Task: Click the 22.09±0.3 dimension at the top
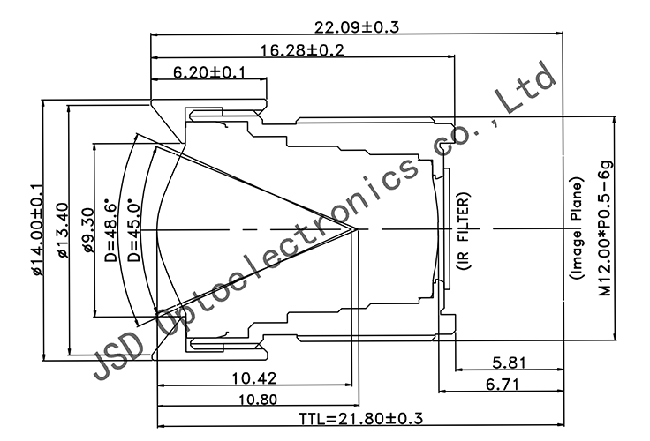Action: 356,26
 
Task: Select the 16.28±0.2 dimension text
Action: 302,50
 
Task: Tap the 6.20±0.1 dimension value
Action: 209,72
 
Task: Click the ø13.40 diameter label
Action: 61,229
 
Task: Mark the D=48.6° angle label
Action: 110,229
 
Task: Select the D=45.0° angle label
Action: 133,229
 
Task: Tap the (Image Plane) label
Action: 576,229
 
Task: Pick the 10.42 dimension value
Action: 253,379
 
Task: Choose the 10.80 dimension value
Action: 253,400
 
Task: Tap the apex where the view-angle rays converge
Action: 356,228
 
